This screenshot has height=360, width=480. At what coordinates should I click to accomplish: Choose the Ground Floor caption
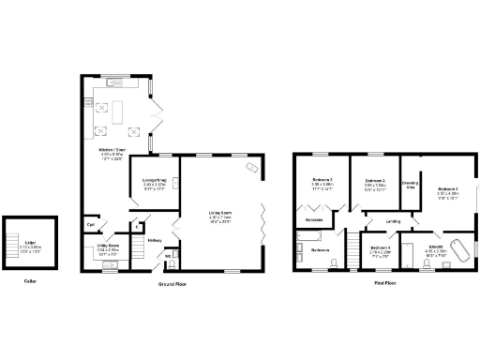[x=172, y=282]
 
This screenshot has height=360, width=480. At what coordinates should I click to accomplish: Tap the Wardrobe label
[x=314, y=221]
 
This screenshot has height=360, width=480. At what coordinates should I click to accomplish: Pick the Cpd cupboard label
[x=91, y=225]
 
